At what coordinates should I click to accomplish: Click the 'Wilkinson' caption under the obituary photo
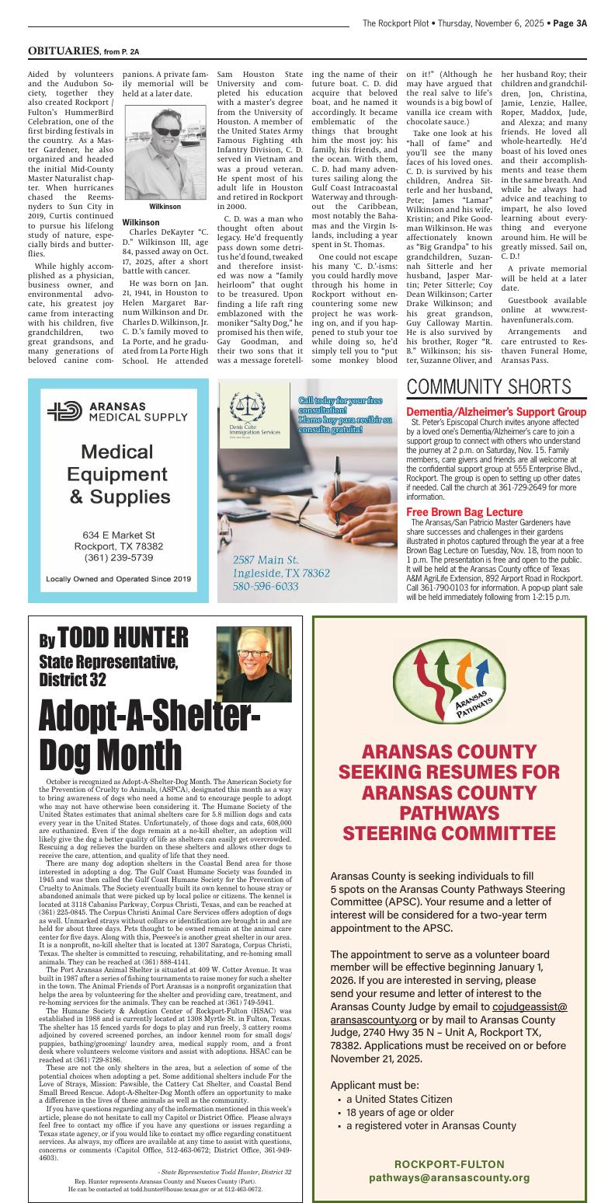(165, 207)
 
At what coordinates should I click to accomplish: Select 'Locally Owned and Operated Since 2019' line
(118, 579)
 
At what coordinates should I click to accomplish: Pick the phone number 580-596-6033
(266, 586)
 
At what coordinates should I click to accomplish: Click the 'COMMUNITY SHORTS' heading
(488, 387)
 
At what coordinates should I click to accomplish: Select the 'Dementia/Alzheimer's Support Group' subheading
(496, 411)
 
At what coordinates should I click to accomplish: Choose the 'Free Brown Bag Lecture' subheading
(464, 512)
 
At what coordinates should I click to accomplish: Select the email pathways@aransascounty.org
(450, 1178)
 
